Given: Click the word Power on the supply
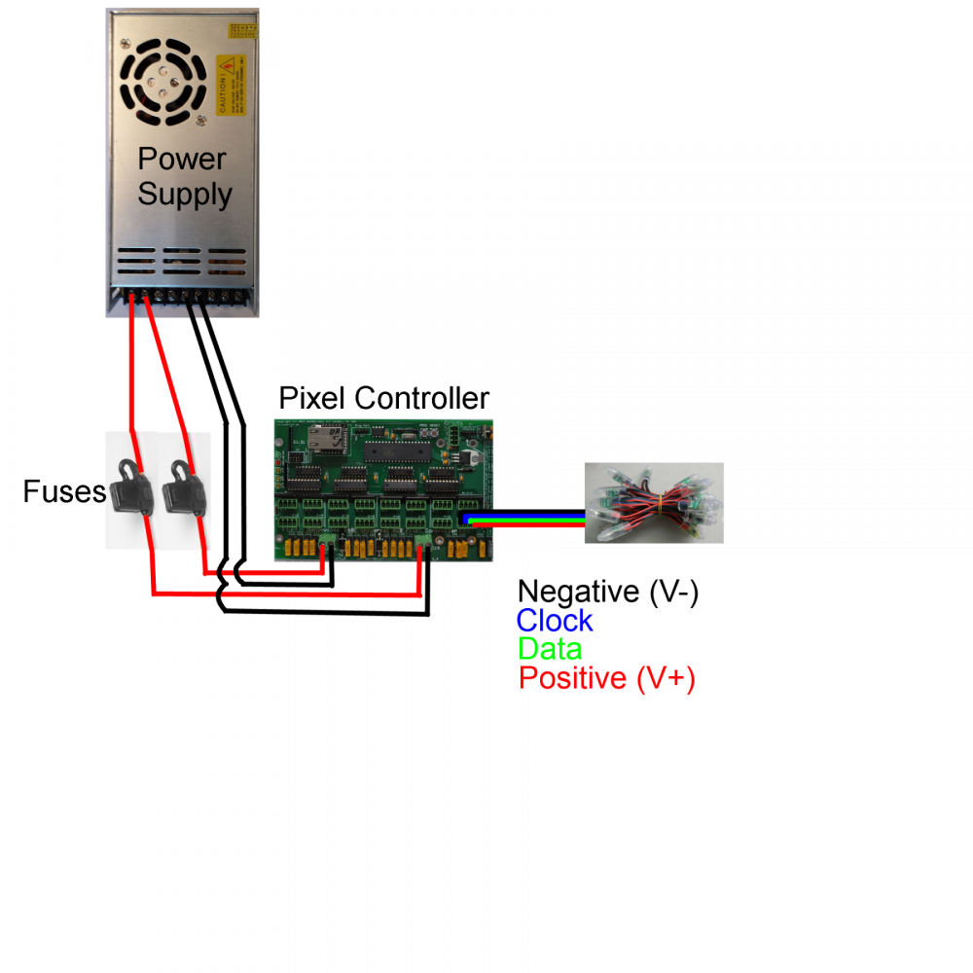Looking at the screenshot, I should pos(182,159).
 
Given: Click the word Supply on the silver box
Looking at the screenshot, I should pos(185,194).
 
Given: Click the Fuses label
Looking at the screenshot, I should pos(64,492).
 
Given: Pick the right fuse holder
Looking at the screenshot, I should pos(181,483).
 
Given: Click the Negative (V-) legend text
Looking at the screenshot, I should pos(607,591).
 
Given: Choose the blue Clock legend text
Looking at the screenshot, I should pos(554,620).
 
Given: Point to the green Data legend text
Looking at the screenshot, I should pos(550,648).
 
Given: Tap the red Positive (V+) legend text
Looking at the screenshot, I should pos(606,677).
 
